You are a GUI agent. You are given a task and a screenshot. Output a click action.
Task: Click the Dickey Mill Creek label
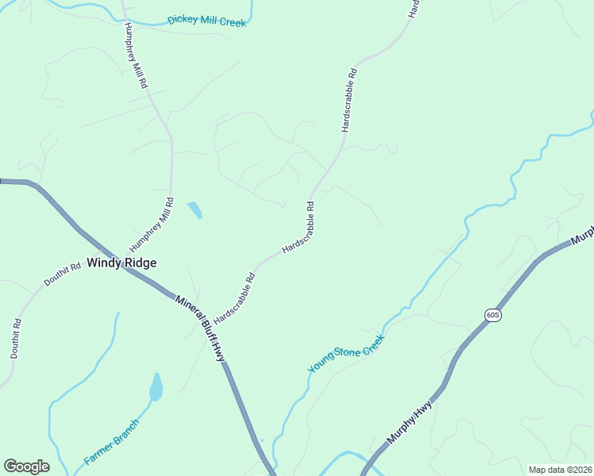[207, 21]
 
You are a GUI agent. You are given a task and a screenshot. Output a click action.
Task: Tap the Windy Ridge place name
[121, 263]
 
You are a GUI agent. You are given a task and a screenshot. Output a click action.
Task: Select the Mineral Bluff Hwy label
[201, 328]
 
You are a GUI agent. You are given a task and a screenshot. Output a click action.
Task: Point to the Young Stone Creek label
[346, 354]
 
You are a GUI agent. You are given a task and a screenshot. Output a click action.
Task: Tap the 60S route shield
[492, 315]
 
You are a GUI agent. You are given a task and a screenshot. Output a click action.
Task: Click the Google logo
[26, 466]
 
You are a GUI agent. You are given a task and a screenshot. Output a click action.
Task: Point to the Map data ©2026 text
[560, 470]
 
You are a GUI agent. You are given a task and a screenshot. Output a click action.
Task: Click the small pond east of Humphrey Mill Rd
[195, 210]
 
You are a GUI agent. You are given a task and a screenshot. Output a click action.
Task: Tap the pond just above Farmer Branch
[156, 388]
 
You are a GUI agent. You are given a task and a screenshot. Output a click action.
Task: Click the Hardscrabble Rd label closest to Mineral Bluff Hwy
[234, 297]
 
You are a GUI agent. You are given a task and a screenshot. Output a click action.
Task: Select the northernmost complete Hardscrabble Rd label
[349, 99]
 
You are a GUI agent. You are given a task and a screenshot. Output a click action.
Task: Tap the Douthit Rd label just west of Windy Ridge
[63, 274]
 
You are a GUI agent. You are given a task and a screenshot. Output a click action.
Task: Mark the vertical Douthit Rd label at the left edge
[14, 338]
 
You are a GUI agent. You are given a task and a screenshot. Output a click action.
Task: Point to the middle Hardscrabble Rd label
[299, 228]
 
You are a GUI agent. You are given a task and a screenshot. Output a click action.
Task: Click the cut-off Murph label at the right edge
[582, 235]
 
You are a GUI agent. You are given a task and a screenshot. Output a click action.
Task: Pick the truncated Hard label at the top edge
[412, 9]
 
